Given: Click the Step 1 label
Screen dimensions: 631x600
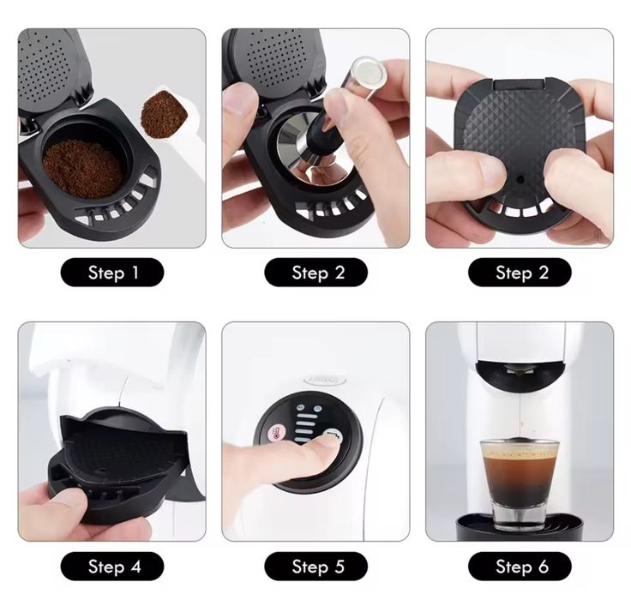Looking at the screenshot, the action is [x=112, y=273].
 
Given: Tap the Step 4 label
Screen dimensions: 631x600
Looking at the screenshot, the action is [x=112, y=567].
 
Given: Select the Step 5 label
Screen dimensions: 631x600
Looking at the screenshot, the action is [x=315, y=567].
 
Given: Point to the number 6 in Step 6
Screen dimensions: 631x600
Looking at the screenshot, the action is [x=544, y=567].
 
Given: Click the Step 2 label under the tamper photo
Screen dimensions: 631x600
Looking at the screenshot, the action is [x=315, y=273].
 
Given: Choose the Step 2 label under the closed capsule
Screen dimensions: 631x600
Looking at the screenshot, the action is [x=520, y=273].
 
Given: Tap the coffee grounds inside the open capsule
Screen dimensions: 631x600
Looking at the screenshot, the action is [x=82, y=168].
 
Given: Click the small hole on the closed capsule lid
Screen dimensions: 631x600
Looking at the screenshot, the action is [x=520, y=179].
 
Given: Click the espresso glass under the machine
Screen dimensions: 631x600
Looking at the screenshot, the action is [x=520, y=483].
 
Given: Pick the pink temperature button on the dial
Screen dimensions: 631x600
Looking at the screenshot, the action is [x=277, y=433].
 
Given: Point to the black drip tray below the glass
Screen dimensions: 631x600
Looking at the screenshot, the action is [x=520, y=527].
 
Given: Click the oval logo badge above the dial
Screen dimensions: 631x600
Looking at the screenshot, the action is [x=325, y=380].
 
